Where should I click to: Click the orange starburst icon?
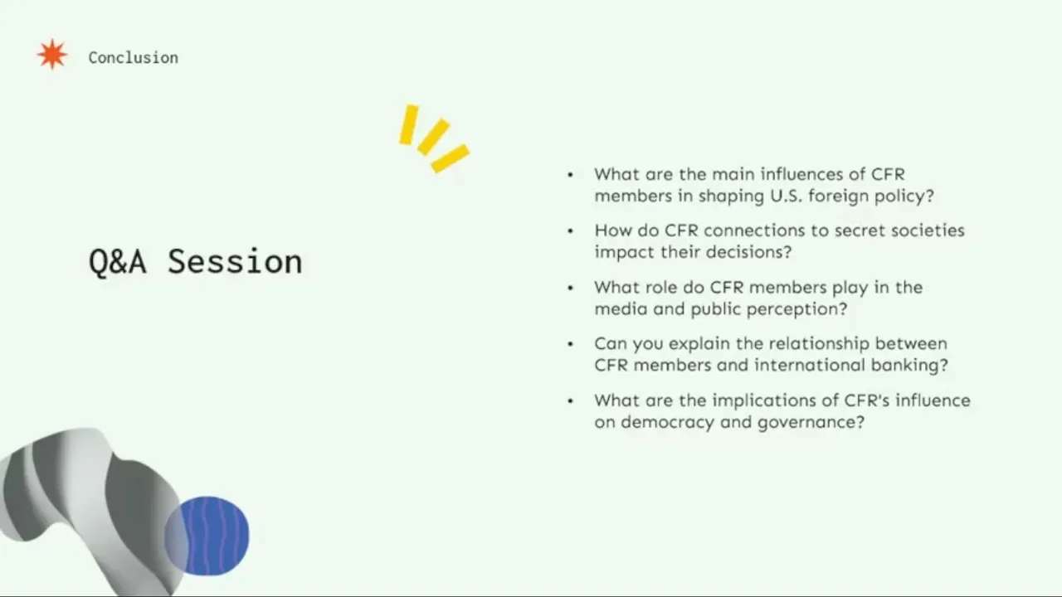click(x=52, y=55)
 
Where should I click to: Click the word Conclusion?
click(x=134, y=58)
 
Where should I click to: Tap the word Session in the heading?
click(x=235, y=261)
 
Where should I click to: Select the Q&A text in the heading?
click(x=118, y=262)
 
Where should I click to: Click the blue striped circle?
click(x=207, y=536)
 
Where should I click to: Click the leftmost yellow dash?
click(x=408, y=124)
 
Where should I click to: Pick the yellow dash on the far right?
click(x=450, y=158)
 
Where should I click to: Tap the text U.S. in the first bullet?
click(x=787, y=196)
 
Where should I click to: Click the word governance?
click(x=811, y=423)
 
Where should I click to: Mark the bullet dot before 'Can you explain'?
click(x=570, y=344)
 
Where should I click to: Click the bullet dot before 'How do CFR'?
click(x=570, y=231)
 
